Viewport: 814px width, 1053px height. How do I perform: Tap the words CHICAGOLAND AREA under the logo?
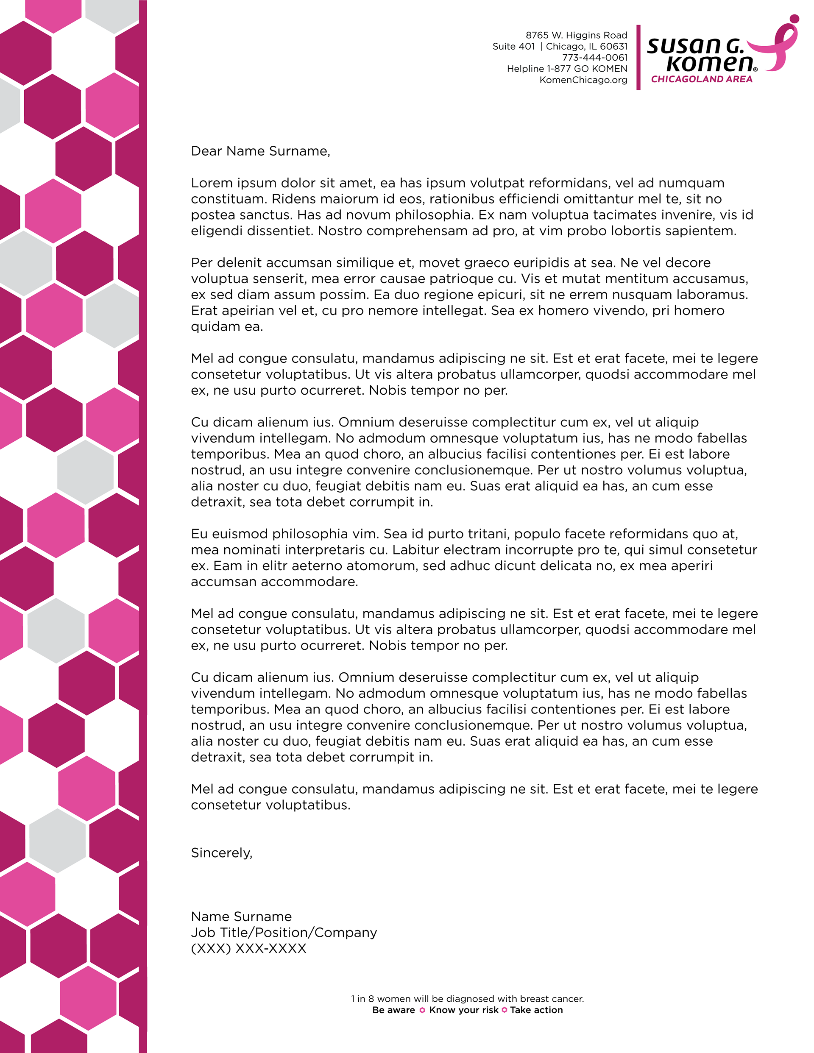click(x=701, y=80)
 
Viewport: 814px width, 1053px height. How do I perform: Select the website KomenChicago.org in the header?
click(x=583, y=80)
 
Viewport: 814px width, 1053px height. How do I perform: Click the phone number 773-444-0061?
click(x=594, y=57)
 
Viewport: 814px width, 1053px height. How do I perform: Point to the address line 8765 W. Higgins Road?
click(x=576, y=35)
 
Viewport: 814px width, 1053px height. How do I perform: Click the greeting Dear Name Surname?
click(x=260, y=151)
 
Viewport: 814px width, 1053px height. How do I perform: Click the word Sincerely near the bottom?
click(x=221, y=853)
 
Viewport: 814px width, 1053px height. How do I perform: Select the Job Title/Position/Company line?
click(x=284, y=933)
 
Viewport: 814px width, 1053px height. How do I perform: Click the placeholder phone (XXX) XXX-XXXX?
click(x=248, y=948)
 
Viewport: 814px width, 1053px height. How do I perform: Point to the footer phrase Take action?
click(x=536, y=1010)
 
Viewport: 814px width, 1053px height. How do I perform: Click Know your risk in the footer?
click(x=463, y=1010)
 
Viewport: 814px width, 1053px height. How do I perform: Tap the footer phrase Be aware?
click(x=393, y=1010)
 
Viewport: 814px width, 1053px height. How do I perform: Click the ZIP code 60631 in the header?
click(x=614, y=46)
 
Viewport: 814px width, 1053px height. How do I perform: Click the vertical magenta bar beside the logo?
click(x=638, y=57)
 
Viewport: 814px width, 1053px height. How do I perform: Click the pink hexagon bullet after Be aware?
click(x=422, y=1010)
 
